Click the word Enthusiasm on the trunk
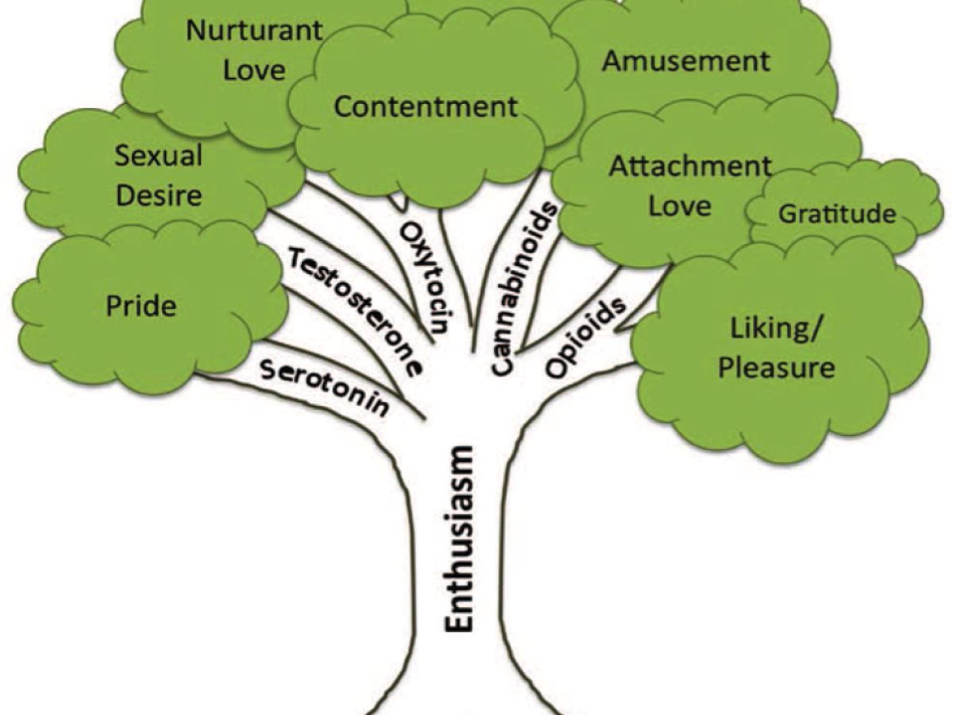point(458,539)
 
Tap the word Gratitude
point(837,214)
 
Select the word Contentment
point(426,106)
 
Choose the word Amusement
point(686,61)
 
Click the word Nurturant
point(254,31)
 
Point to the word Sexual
point(159,155)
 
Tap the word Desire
point(159,195)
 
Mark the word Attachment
point(689,167)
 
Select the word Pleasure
point(775,368)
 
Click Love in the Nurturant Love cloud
point(253,70)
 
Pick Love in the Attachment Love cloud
point(680,206)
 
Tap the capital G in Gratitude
point(787,214)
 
